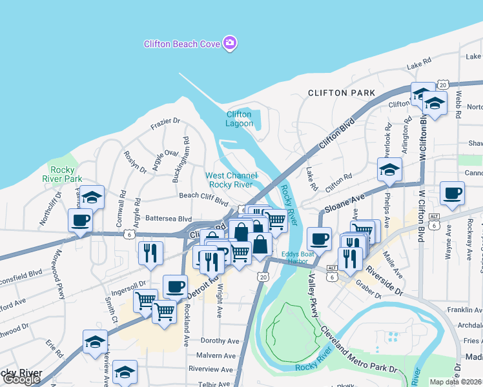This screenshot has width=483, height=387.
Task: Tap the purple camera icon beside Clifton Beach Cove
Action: pyautogui.click(x=230, y=43)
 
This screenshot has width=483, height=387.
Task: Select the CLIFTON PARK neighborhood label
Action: pyautogui.click(x=342, y=93)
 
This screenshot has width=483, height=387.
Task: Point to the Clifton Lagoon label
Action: pyautogui.click(x=239, y=119)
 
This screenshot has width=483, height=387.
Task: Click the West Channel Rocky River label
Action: pyautogui.click(x=231, y=180)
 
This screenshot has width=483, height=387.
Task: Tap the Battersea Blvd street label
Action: pyautogui.click(x=169, y=219)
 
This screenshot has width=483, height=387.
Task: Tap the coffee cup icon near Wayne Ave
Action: pyautogui.click(x=452, y=192)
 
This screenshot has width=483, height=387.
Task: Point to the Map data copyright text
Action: pyautogui.click(x=455, y=382)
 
